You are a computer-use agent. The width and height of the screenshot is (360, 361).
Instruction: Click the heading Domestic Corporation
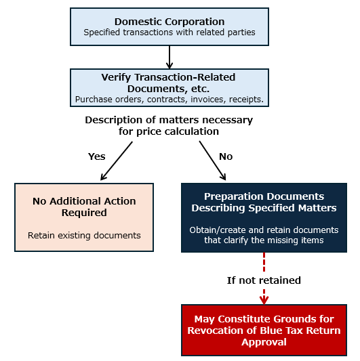(x=169, y=22)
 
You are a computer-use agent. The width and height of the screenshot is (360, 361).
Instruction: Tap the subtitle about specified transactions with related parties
(x=169, y=33)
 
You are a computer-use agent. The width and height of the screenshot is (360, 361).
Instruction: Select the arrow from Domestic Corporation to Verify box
(x=169, y=57)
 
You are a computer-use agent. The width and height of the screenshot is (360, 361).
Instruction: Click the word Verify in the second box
(x=116, y=78)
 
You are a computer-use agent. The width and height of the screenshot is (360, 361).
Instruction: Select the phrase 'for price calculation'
(x=169, y=131)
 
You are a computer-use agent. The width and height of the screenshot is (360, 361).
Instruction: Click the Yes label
(x=96, y=156)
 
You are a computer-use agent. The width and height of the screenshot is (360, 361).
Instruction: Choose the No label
(x=226, y=156)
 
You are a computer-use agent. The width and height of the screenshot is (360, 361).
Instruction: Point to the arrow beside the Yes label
(x=117, y=161)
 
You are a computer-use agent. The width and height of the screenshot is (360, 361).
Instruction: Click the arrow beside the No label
(x=212, y=161)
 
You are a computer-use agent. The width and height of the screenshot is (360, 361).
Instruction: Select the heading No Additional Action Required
(x=84, y=207)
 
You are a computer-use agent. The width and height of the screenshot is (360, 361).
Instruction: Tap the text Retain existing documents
(x=84, y=236)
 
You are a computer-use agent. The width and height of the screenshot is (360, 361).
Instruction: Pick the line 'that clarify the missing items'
(x=264, y=240)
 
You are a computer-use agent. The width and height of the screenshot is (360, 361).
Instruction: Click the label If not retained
(x=264, y=280)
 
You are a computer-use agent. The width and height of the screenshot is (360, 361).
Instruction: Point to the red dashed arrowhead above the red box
(x=264, y=300)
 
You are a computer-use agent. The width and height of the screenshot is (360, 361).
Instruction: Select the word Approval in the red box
(x=264, y=342)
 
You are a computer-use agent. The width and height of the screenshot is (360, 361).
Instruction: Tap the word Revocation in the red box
(x=216, y=331)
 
